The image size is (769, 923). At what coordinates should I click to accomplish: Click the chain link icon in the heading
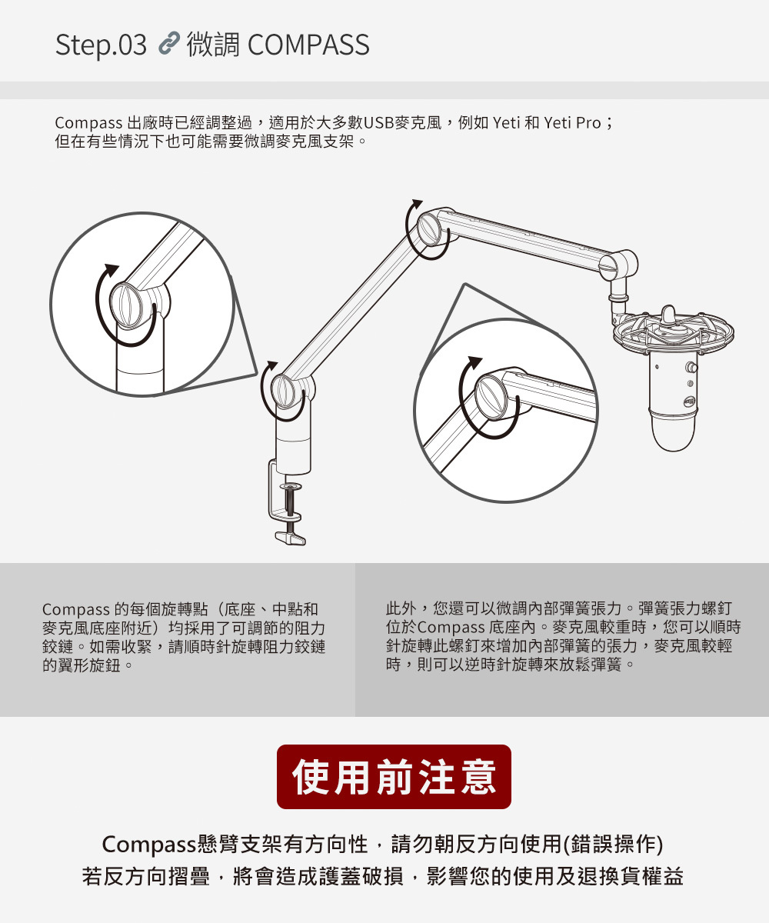click(169, 43)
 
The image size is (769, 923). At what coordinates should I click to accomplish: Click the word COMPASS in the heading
click(308, 45)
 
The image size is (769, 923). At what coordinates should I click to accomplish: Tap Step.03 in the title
click(101, 45)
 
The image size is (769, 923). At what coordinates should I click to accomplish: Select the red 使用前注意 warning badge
click(394, 777)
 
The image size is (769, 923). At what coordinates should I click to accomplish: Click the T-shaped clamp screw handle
click(291, 538)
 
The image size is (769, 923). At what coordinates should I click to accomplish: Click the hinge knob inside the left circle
click(126, 305)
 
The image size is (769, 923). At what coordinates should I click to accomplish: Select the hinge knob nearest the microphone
click(608, 268)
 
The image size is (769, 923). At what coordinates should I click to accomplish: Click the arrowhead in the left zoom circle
click(112, 269)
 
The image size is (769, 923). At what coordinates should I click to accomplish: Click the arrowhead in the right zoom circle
click(474, 362)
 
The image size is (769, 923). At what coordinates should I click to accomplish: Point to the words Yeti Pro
click(572, 122)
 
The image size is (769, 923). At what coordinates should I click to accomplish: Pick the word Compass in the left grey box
click(76, 610)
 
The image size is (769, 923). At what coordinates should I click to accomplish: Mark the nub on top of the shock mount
click(668, 313)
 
